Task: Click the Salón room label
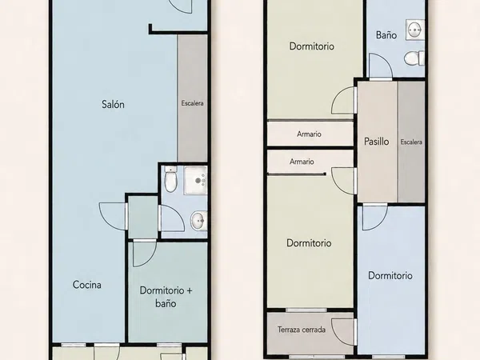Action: coord(113,104)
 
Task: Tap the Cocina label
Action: coord(87,285)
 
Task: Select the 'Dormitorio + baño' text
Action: coord(166,297)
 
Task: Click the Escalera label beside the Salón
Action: coord(192,103)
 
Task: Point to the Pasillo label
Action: coord(377,142)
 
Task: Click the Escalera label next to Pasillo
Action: coord(411,142)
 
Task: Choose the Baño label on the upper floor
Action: coord(386,35)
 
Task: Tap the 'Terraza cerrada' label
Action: coord(302,330)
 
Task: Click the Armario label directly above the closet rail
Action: coord(302,162)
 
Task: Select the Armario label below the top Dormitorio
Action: coord(309,134)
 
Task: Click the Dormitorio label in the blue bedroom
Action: coord(390,275)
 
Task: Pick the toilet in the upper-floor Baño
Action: coord(414,58)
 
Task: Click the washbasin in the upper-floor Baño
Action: coord(415,30)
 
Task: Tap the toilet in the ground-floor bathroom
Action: coord(170,179)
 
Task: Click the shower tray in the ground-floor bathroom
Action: coord(196,180)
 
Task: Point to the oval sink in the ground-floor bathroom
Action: coord(199,221)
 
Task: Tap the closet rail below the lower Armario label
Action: coord(297,174)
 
